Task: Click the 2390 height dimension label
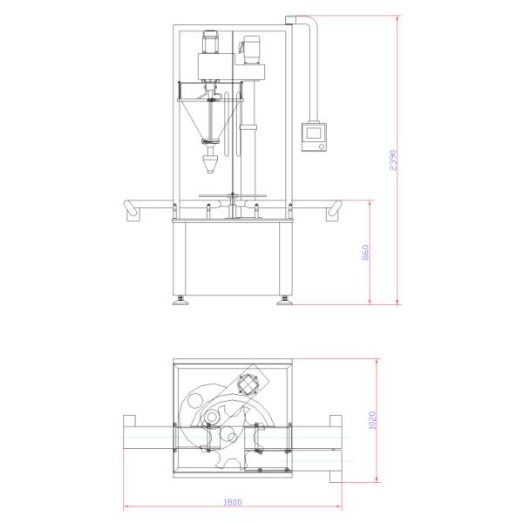pyautogui.click(x=393, y=160)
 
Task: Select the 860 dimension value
pyautogui.click(x=365, y=252)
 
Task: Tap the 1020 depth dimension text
pyautogui.click(x=372, y=420)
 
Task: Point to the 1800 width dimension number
pyautogui.click(x=233, y=502)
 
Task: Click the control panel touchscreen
pyautogui.click(x=314, y=133)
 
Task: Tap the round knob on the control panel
pyautogui.click(x=321, y=146)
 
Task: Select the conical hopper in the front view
pyautogui.click(x=210, y=120)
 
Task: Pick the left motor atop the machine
pyautogui.click(x=210, y=42)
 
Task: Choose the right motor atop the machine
pyautogui.click(x=252, y=50)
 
